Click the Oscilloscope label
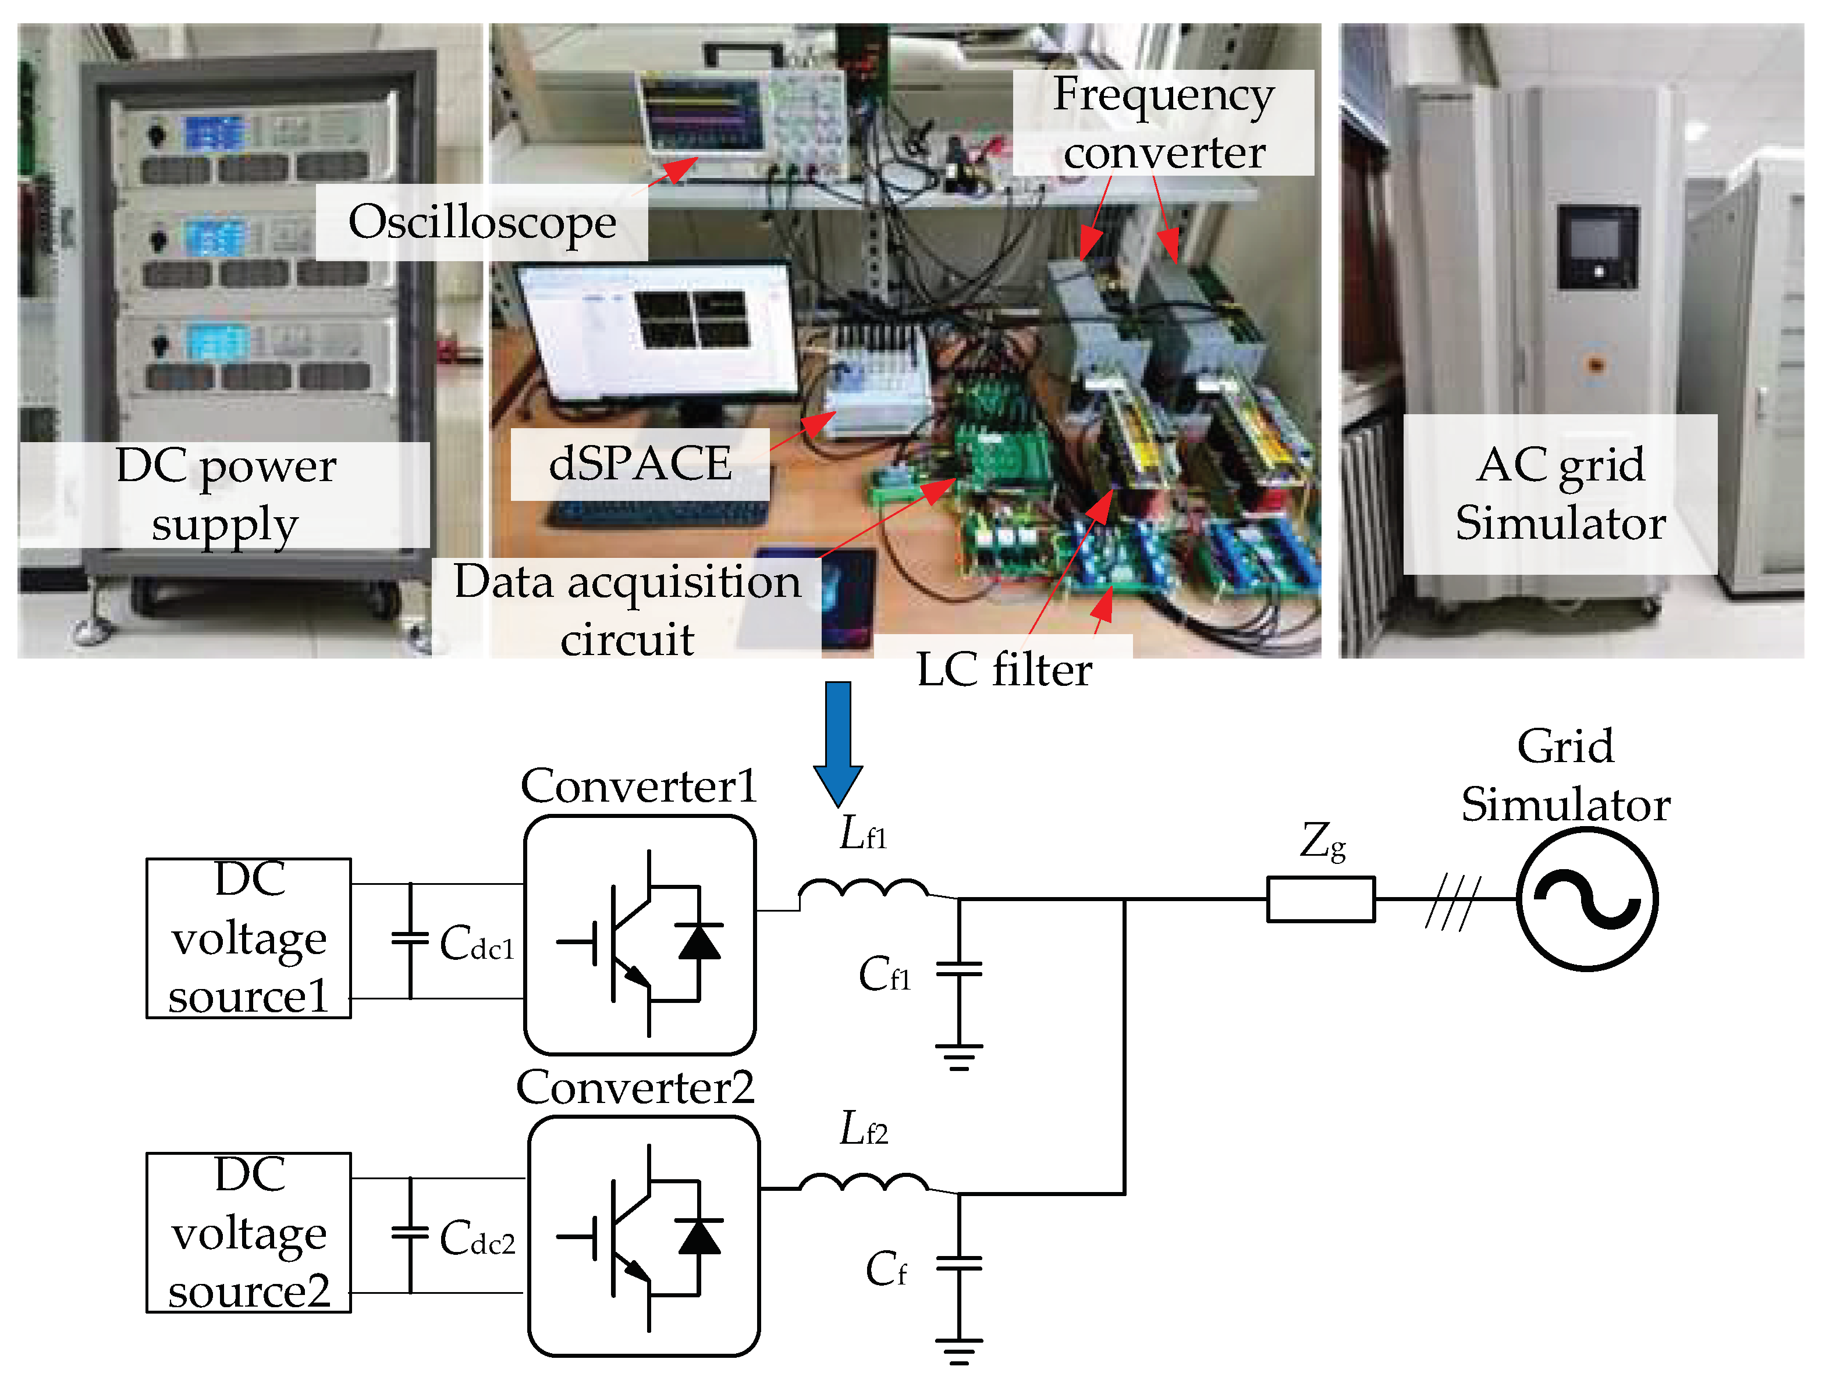[x=482, y=222]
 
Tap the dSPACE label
[x=640, y=463]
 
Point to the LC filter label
[x=1004, y=669]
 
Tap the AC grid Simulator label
[x=1560, y=494]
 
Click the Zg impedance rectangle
[x=1320, y=899]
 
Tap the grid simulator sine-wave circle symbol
[x=1586, y=899]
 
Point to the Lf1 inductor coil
[x=863, y=890]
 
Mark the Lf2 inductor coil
[x=863, y=1183]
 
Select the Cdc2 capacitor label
[x=477, y=1238]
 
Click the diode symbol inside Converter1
[x=699, y=942]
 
